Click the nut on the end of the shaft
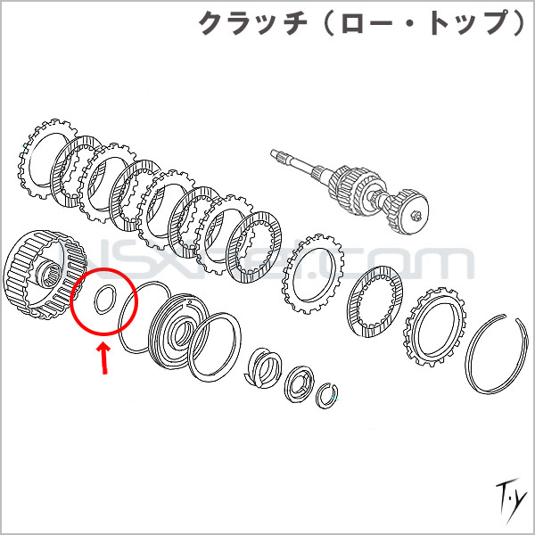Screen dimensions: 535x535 tap(416, 214)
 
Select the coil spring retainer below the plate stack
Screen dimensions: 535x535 tap(265, 365)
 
